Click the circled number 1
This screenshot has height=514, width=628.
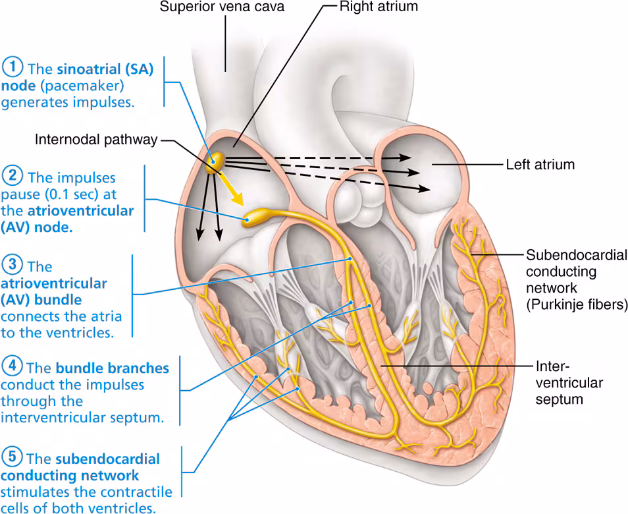(13, 69)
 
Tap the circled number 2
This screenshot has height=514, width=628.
(13, 177)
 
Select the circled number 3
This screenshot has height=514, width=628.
(13, 266)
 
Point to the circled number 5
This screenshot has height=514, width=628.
(13, 457)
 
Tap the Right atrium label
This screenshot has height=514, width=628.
(378, 8)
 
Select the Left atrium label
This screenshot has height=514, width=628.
(540, 164)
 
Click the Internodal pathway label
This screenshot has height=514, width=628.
(97, 140)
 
